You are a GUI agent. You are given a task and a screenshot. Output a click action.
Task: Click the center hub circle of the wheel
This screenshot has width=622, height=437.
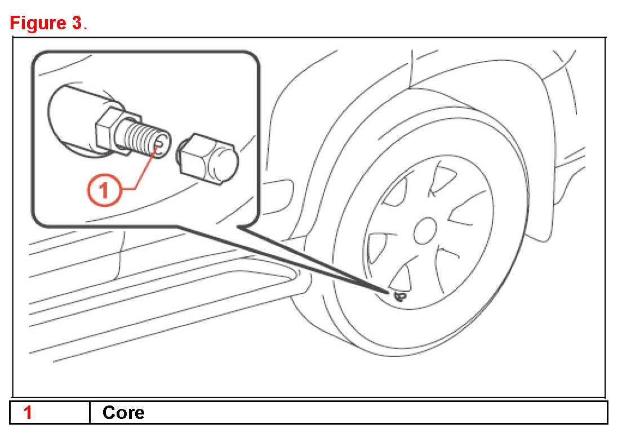click(425, 230)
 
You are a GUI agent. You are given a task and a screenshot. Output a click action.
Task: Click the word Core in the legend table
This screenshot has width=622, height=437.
click(123, 413)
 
